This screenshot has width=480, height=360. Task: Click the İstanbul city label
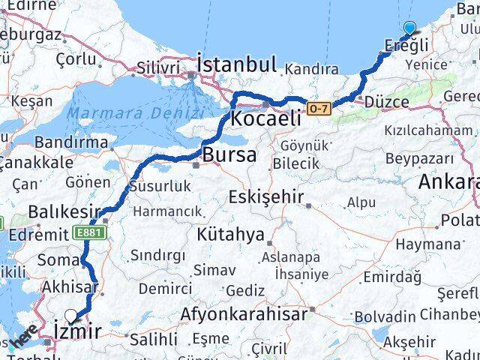[236, 63]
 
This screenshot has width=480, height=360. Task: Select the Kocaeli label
[266, 118]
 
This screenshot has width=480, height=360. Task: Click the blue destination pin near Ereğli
[409, 29]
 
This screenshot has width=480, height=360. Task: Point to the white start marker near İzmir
[71, 316]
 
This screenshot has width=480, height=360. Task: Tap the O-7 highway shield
[318, 109]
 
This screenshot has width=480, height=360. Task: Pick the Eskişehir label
[266, 198]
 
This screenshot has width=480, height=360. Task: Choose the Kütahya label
[230, 235]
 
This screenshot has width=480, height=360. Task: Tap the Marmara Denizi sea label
[135, 114]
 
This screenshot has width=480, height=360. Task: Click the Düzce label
[386, 103]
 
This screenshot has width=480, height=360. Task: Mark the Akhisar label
[70, 286]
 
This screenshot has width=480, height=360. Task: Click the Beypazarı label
[419, 158]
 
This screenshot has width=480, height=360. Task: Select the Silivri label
[157, 68]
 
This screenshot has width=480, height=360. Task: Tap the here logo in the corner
[24, 337]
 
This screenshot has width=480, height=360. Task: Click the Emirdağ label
[391, 277]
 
